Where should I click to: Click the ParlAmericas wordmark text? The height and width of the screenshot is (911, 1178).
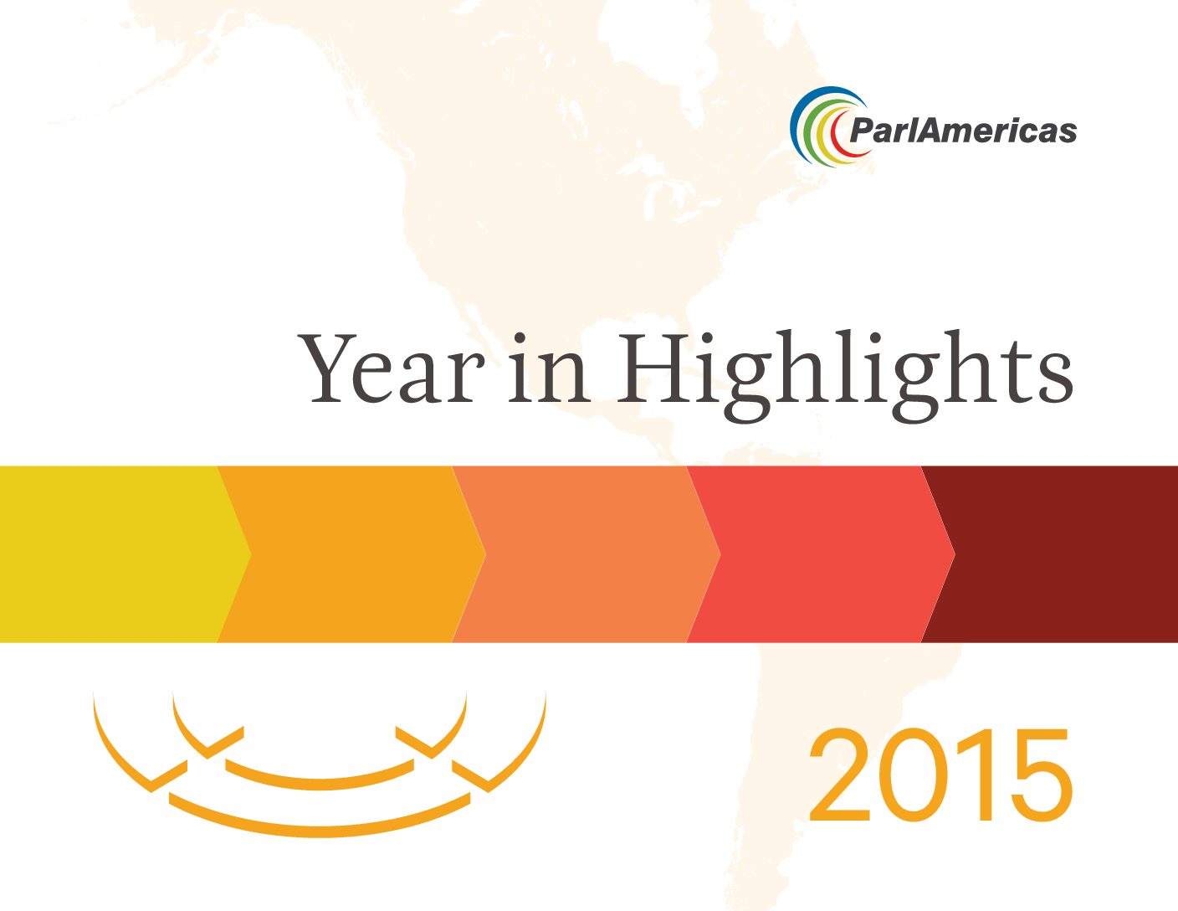[x=963, y=131]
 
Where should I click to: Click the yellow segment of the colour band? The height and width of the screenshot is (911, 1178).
[x=116, y=554]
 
